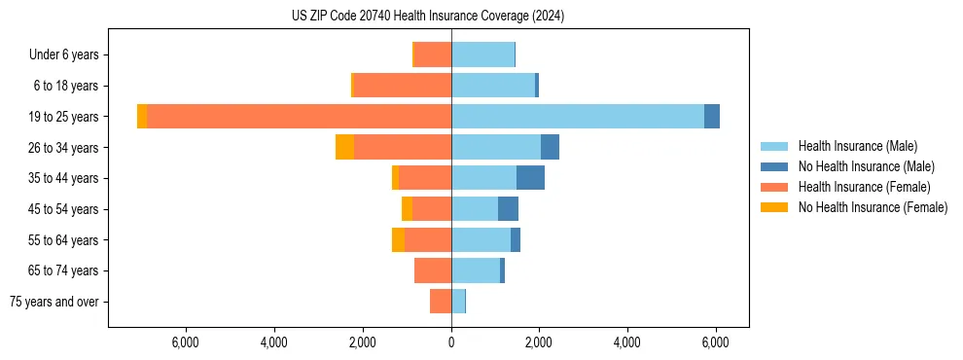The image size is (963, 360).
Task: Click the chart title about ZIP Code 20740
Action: pyautogui.click(x=428, y=17)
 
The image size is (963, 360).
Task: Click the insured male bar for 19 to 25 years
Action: pyautogui.click(x=578, y=117)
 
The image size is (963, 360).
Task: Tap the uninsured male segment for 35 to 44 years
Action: pyautogui.click(x=530, y=178)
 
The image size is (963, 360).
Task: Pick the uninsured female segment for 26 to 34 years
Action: pyautogui.click(x=344, y=147)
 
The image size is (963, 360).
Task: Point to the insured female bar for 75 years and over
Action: pyautogui.click(x=441, y=302)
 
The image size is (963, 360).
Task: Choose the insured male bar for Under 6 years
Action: pyautogui.click(x=482, y=55)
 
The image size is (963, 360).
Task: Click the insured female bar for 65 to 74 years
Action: pyautogui.click(x=433, y=270)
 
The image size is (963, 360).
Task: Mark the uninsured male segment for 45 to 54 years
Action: pyautogui.click(x=508, y=209)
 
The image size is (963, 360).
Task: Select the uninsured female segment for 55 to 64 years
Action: pyautogui.click(x=398, y=239)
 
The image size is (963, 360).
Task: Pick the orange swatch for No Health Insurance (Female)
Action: pyautogui.click(x=774, y=207)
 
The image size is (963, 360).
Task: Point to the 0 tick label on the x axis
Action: pyautogui.click(x=451, y=342)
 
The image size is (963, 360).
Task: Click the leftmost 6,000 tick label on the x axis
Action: pyautogui.click(x=185, y=342)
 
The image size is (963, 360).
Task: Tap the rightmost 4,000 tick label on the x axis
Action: pyautogui.click(x=627, y=342)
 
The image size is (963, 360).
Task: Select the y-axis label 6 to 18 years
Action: pyautogui.click(x=64, y=87)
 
